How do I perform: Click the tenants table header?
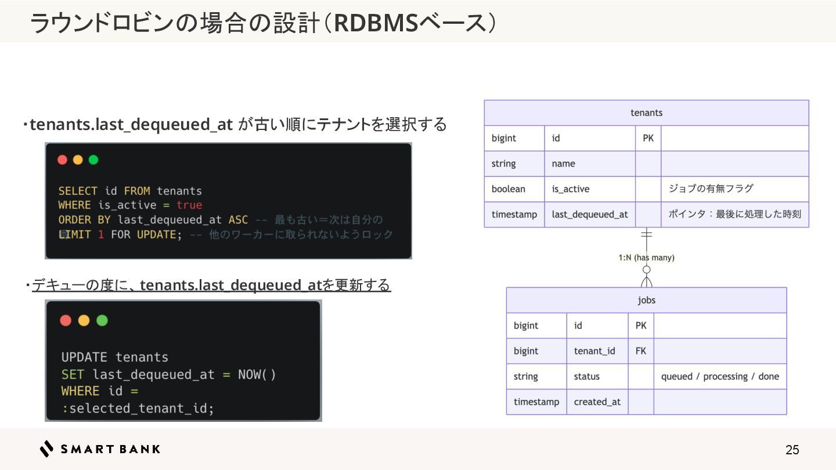(x=646, y=113)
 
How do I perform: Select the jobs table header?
(x=646, y=300)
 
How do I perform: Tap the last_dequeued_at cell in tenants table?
(x=589, y=214)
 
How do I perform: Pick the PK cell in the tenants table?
(x=648, y=138)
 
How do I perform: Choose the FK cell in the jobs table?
(x=640, y=351)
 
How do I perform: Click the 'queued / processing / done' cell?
(x=720, y=377)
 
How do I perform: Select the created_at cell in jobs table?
(x=597, y=402)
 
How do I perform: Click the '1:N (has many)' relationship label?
(x=646, y=258)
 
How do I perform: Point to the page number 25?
(x=792, y=450)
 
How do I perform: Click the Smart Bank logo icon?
(x=47, y=449)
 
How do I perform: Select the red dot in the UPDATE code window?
(x=66, y=320)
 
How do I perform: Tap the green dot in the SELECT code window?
(x=93, y=160)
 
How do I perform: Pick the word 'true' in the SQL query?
(x=189, y=205)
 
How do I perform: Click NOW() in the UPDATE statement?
(x=257, y=374)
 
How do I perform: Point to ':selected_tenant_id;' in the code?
(x=138, y=408)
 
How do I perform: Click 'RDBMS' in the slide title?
(x=376, y=23)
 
